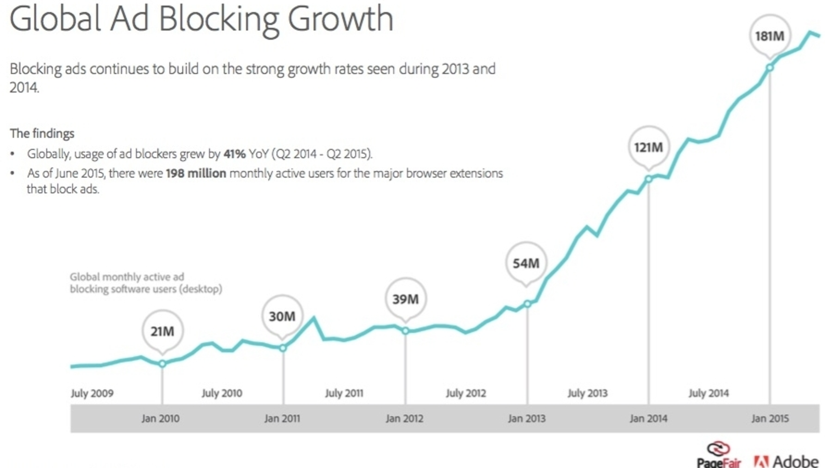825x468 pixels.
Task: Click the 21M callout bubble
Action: (x=162, y=331)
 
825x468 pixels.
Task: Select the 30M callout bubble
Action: (x=282, y=316)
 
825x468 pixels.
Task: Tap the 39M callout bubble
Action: (x=405, y=299)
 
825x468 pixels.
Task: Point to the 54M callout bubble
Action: (x=526, y=263)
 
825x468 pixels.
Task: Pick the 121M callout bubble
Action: (x=649, y=147)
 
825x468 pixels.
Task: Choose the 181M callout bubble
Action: (x=770, y=36)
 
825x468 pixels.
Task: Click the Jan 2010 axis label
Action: (x=161, y=419)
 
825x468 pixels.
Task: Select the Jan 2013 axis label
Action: (x=527, y=419)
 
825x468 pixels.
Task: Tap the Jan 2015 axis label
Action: (x=770, y=419)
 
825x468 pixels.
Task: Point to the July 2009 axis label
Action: (x=92, y=393)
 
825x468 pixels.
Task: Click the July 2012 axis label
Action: (x=466, y=393)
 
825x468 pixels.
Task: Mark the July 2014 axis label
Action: (x=708, y=393)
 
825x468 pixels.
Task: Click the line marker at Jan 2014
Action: (x=649, y=179)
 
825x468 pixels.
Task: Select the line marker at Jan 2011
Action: (x=283, y=348)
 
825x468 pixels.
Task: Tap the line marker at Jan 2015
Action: (x=770, y=68)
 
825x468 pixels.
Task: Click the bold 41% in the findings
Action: (x=235, y=154)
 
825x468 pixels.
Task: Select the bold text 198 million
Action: (x=196, y=174)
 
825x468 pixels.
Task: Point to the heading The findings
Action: (x=42, y=134)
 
